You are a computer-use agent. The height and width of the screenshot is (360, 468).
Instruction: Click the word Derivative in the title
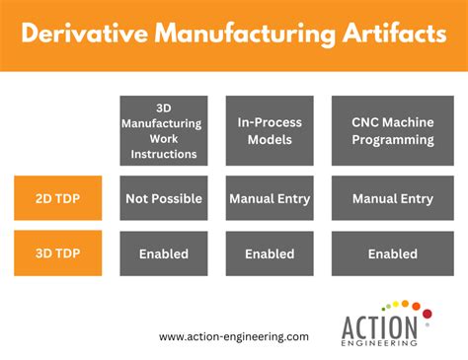tap(80, 36)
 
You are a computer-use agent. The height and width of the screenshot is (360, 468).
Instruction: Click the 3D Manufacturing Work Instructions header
tap(164, 130)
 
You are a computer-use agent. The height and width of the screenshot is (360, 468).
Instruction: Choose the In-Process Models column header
tap(270, 130)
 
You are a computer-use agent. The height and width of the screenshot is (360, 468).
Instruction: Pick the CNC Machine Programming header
tap(392, 130)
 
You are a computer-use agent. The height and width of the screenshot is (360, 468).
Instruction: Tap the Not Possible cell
tap(164, 198)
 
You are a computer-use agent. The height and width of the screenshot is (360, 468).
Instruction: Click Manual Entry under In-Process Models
tap(270, 198)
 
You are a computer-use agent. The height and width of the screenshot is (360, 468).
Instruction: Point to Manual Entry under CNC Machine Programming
tap(392, 198)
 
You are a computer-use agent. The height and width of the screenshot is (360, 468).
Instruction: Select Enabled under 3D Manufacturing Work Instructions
tap(164, 253)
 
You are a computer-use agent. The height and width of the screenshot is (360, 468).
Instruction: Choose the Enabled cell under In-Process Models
tap(270, 253)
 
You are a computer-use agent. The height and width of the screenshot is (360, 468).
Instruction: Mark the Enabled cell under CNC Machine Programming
tap(392, 253)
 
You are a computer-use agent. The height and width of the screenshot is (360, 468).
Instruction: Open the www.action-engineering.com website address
tap(234, 336)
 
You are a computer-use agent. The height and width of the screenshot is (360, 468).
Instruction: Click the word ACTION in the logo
tap(381, 325)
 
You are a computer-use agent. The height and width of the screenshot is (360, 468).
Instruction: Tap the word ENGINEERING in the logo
tap(381, 342)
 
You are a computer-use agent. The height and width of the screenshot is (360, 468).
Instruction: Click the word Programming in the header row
tap(392, 140)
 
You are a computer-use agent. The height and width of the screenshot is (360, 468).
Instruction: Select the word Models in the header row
tap(270, 140)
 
